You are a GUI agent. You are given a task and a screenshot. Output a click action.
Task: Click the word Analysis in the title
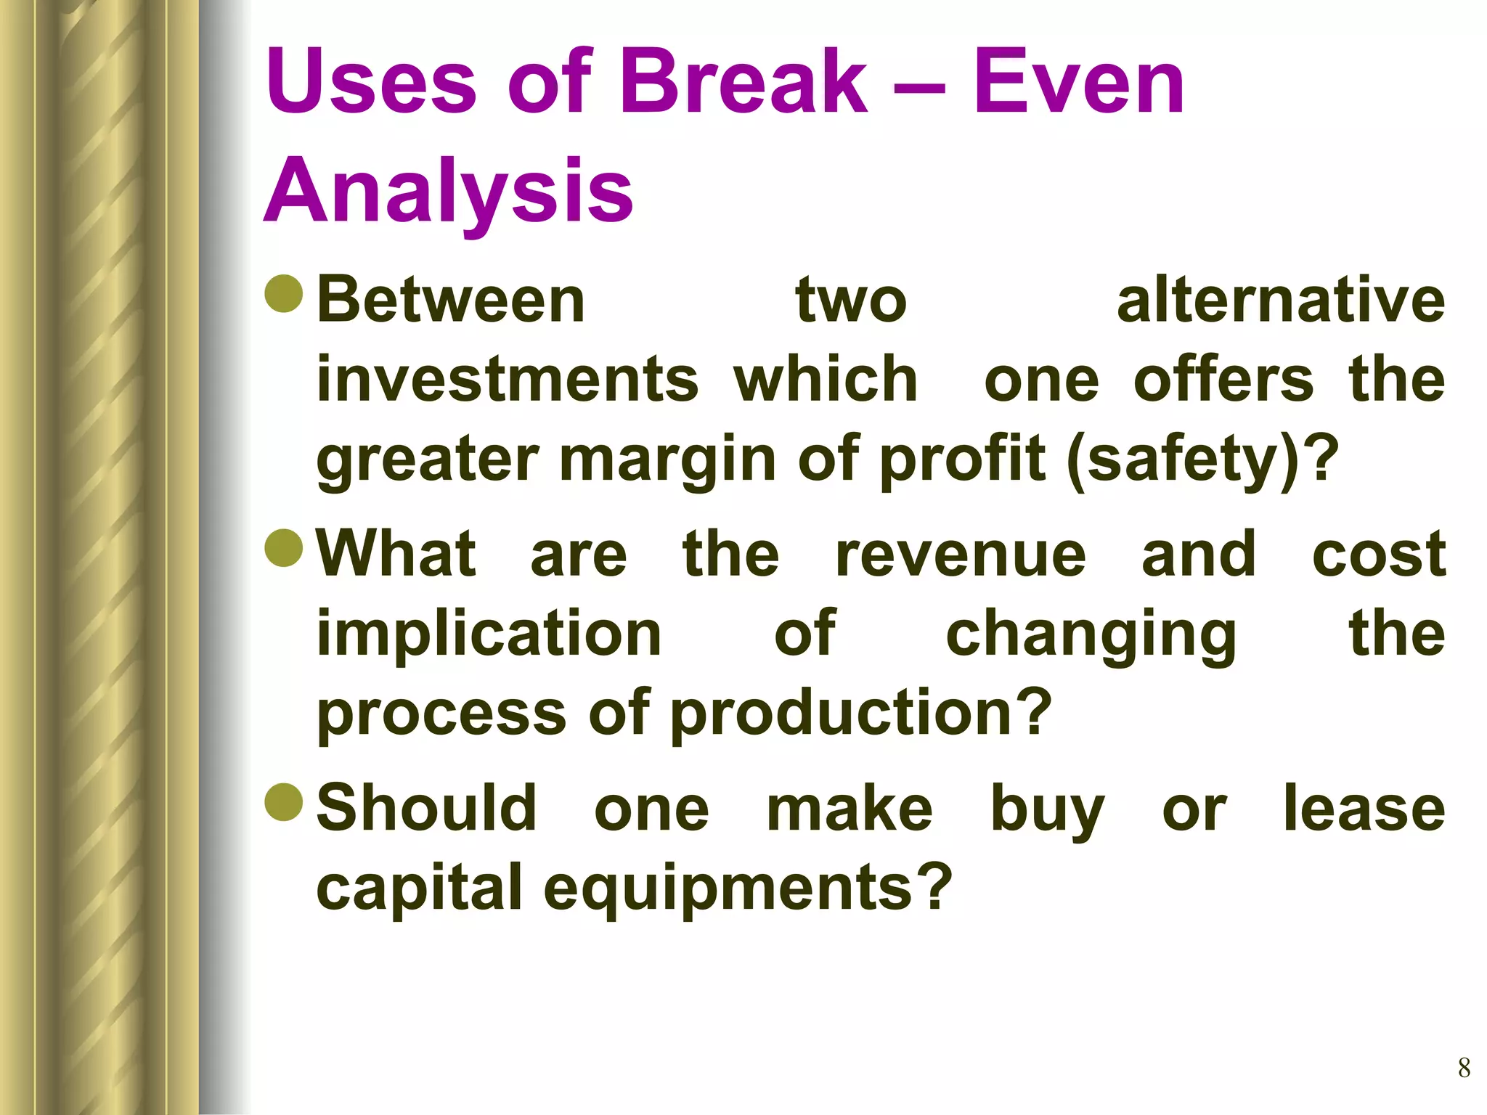point(448,190)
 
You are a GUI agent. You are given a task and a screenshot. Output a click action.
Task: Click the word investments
point(508,380)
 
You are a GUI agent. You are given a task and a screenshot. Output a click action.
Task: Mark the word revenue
point(961,555)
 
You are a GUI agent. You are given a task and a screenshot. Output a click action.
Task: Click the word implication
point(489,633)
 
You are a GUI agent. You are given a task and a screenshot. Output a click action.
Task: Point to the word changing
point(1091,634)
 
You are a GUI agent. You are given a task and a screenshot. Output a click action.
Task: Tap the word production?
point(861,713)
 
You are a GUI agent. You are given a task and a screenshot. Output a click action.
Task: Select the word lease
point(1364,809)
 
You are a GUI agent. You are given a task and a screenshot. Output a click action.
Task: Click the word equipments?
point(747,889)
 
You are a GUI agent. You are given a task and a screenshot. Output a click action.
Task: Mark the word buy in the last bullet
point(1048,810)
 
